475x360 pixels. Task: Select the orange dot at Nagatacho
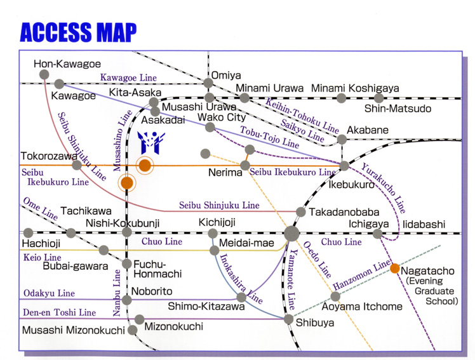[x=394, y=268]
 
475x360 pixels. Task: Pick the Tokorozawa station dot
[x=77, y=165]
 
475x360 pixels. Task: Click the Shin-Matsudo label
[x=406, y=109]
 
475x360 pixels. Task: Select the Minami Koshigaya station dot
[x=341, y=98]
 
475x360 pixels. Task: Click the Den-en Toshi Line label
[x=60, y=312]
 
